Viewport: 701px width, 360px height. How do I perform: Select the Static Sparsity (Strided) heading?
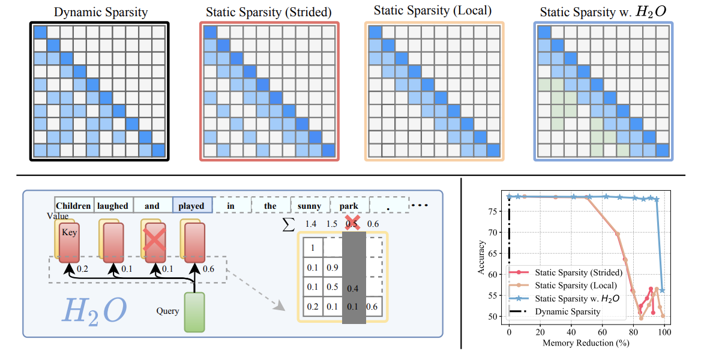tap(269, 11)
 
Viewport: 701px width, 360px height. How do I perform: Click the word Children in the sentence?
tap(74, 206)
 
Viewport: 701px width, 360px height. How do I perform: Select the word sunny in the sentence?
tap(310, 206)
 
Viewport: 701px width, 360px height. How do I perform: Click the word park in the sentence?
tap(349, 206)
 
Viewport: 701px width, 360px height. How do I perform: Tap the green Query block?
tap(194, 311)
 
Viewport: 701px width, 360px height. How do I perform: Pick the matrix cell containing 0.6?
tap(373, 307)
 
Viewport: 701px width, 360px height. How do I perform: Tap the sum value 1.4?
tap(311, 224)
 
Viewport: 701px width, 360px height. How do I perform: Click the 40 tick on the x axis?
tap(571, 332)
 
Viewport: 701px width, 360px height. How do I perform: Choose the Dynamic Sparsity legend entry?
tap(567, 312)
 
